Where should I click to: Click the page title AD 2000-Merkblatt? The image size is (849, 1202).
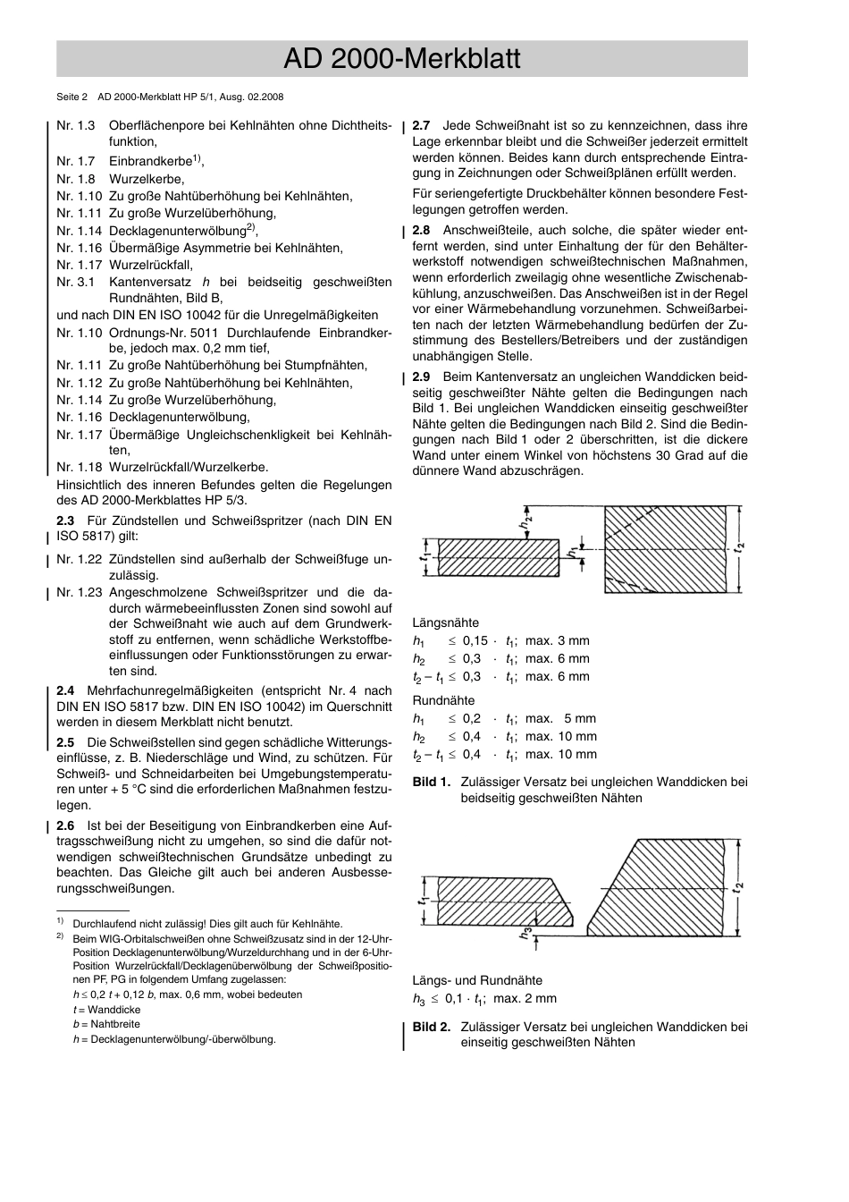401,59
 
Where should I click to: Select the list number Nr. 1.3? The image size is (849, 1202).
75,126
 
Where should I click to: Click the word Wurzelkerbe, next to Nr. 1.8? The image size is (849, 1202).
147,179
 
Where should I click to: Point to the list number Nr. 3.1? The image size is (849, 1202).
75,282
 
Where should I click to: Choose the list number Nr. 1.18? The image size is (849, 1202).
79,467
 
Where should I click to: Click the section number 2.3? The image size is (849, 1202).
65,521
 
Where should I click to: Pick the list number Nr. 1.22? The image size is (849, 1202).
79,560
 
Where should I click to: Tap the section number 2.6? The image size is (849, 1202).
65,825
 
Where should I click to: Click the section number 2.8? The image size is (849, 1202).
421,230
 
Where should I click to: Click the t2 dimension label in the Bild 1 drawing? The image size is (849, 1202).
739,546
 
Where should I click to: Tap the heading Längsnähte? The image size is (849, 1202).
445,622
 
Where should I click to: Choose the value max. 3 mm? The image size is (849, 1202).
557,640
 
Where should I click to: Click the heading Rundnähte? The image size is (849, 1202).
443,700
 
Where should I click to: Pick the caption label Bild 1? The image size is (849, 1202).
431,782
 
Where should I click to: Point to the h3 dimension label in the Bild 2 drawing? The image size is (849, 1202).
528,934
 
